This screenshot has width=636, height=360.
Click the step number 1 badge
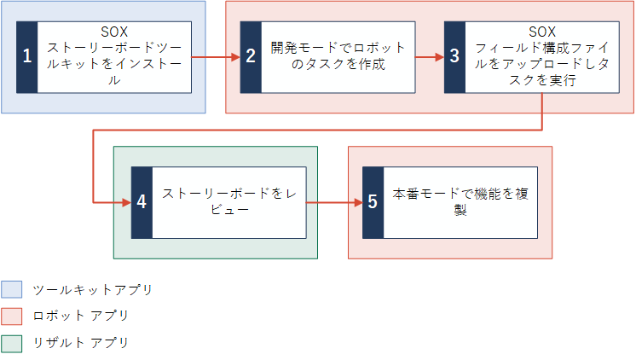26,57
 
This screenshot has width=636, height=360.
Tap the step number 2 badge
251,57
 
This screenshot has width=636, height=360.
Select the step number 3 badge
454,57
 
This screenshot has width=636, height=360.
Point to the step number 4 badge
142,202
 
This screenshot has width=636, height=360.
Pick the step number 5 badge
373,202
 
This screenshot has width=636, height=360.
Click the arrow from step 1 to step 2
216,57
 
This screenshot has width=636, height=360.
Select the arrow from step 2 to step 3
430,57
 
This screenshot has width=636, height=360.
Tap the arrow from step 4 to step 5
334,202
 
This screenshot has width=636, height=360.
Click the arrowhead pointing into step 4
127,202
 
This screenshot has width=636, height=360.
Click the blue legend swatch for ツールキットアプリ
11,289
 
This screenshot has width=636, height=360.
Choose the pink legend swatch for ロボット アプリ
11,316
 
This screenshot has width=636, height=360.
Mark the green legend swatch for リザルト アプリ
11,343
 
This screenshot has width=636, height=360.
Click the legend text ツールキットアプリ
93,290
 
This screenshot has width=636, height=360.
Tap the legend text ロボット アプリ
81,316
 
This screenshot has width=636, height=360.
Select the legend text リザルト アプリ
81,343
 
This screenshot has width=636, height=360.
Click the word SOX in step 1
114,32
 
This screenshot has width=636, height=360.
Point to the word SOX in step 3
542,32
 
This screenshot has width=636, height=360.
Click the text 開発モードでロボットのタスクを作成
338,56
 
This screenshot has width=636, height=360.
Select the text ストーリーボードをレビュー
229,201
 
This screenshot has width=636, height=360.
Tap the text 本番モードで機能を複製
460,201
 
